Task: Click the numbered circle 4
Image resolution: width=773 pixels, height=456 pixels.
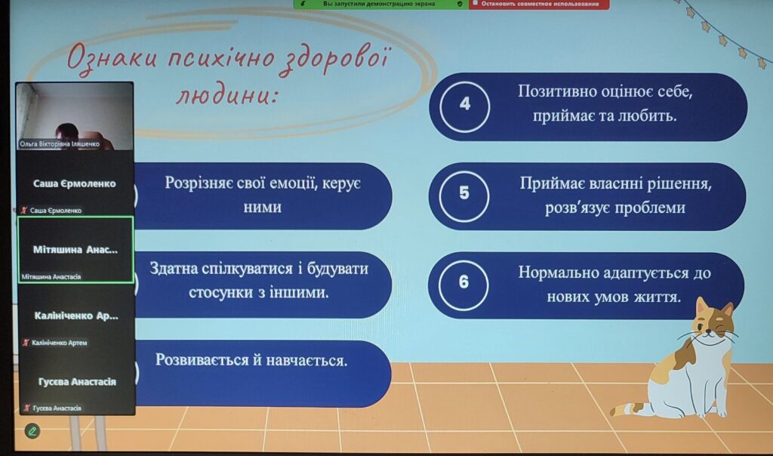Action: [464, 106]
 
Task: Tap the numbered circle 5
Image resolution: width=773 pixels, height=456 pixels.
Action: [464, 196]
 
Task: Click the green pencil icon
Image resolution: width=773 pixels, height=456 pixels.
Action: [32, 431]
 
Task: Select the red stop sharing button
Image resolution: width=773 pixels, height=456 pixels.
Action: [539, 4]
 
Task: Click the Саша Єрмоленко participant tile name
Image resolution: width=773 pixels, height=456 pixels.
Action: [75, 183]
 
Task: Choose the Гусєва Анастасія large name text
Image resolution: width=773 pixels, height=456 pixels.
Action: [78, 381]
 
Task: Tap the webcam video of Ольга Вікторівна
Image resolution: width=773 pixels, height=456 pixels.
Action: [75, 116]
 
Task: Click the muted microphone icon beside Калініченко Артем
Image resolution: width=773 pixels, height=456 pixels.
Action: [26, 342]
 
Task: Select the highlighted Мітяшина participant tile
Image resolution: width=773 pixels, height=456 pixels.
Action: [76, 249]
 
